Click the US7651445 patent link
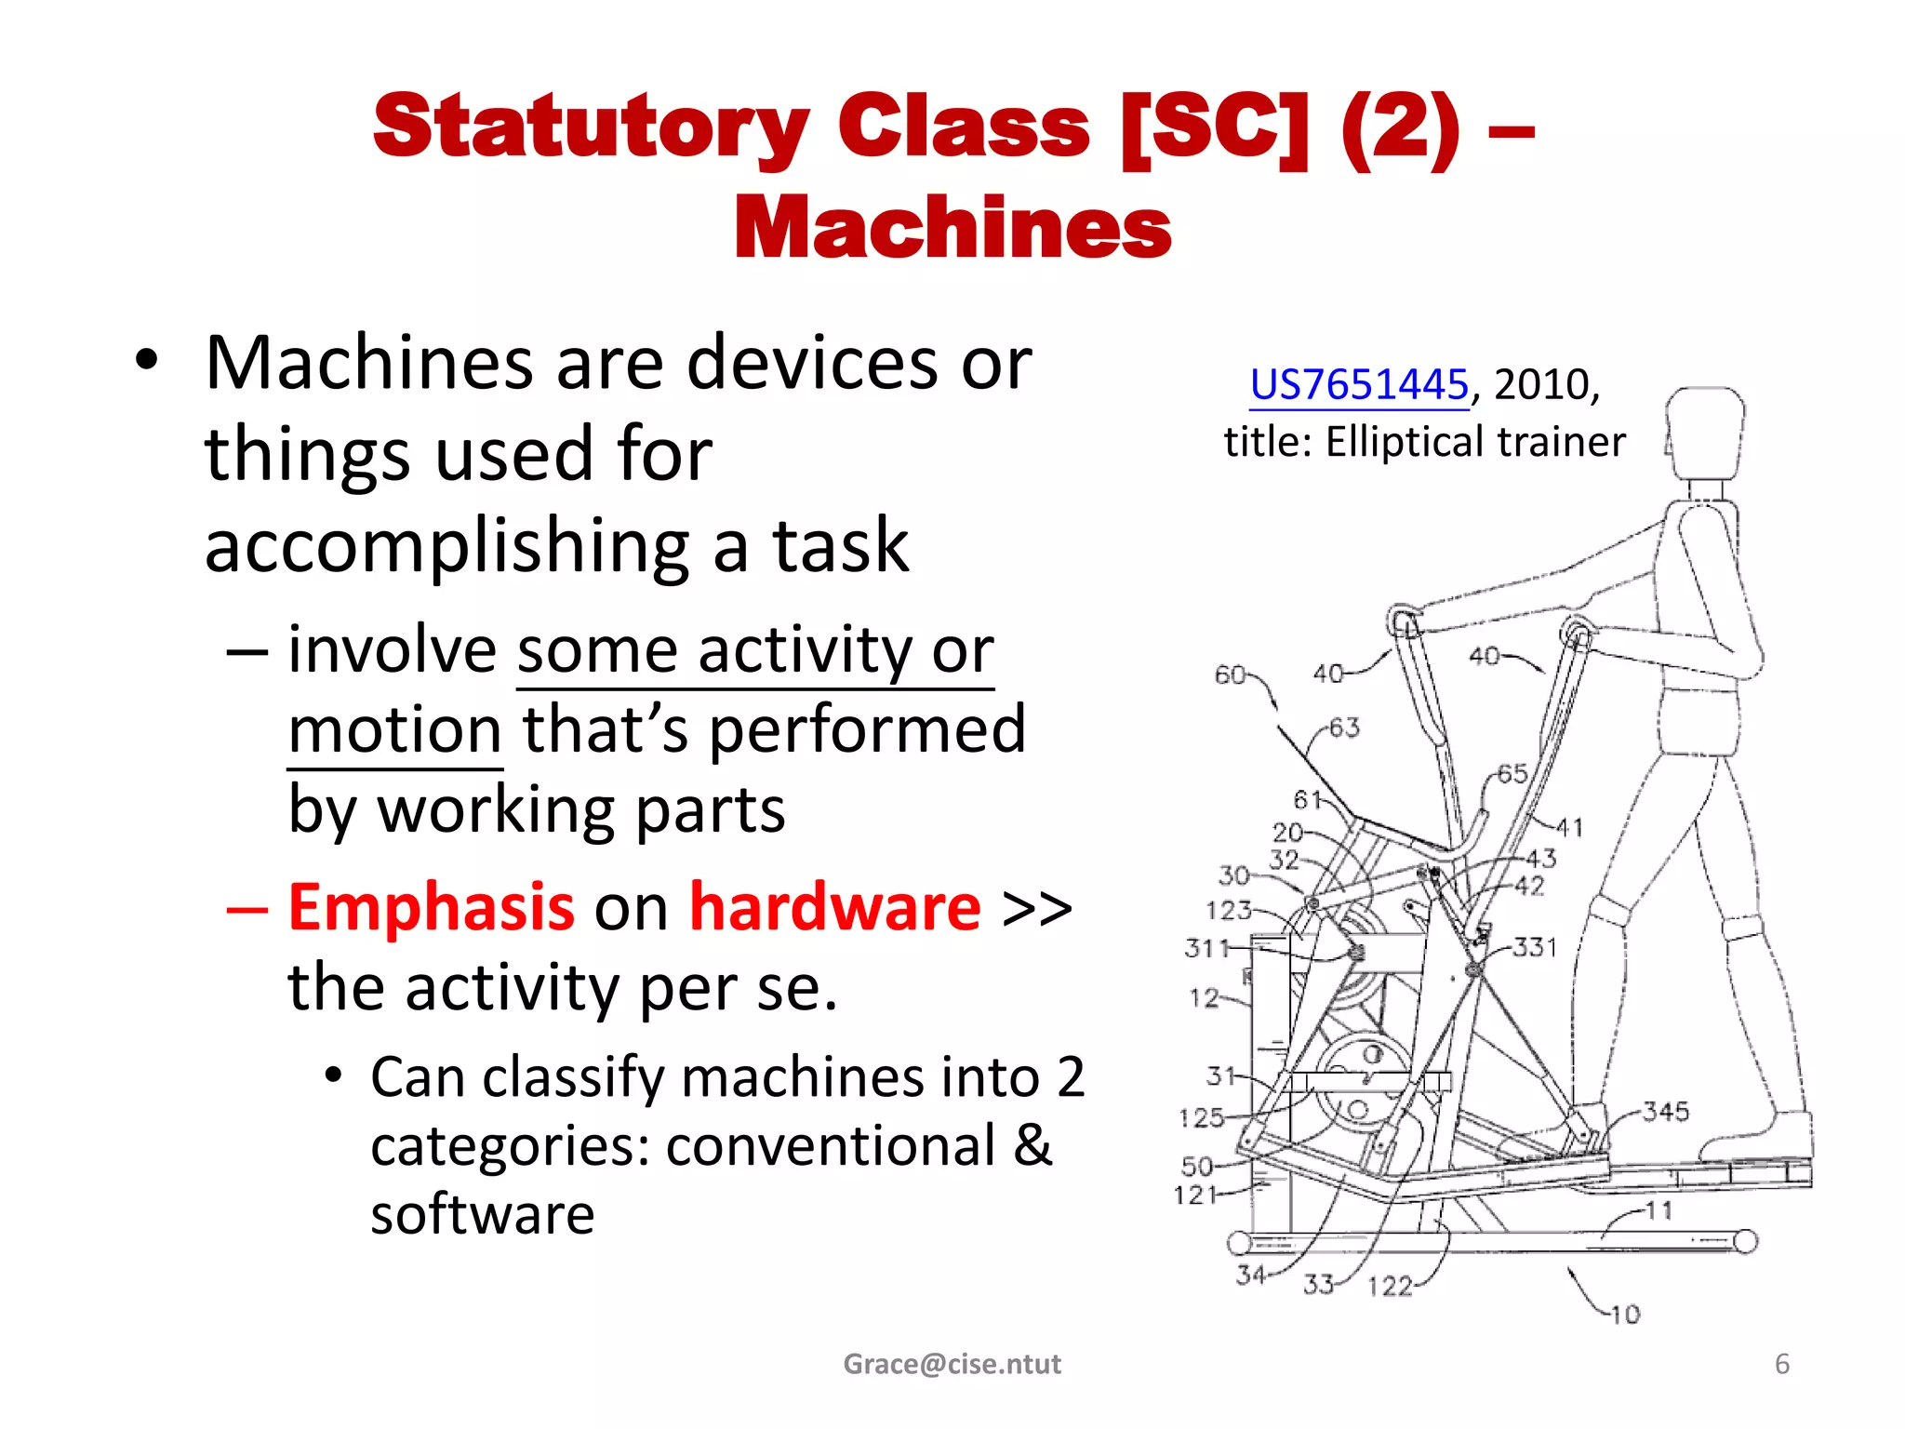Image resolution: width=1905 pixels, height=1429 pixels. [1358, 385]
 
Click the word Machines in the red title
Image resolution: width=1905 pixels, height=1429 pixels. [952, 229]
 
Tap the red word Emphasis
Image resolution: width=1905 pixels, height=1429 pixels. [431, 907]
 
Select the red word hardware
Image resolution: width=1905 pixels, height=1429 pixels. [834, 907]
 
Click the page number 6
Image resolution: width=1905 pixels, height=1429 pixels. [1781, 1364]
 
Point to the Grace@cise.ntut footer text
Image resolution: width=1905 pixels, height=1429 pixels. [952, 1364]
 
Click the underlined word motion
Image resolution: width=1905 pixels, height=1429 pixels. [395, 730]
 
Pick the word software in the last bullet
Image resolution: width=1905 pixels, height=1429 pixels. [482, 1215]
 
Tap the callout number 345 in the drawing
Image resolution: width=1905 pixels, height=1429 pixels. [1665, 1111]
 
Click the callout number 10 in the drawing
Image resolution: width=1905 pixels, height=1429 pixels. [1625, 1315]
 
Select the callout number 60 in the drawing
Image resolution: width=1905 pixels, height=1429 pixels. [1230, 675]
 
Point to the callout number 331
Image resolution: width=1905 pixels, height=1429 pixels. [1535, 947]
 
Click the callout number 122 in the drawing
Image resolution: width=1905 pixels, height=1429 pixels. [1390, 1287]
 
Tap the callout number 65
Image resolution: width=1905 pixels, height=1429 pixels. [1512, 774]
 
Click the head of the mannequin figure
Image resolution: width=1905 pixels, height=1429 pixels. [1704, 433]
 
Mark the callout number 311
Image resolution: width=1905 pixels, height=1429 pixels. [1206, 948]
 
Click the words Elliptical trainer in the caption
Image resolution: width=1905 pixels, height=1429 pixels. [1475, 442]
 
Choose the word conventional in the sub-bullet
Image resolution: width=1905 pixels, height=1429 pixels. [831, 1146]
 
